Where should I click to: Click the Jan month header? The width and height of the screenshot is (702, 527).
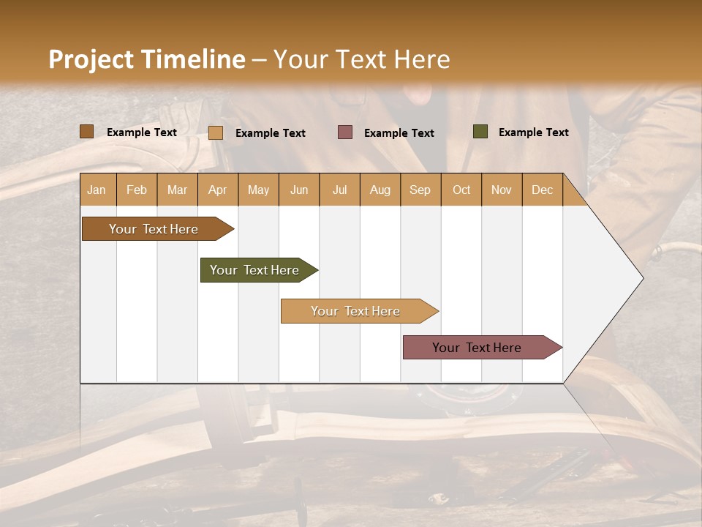point(97,190)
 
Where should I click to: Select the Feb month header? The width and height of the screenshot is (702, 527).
point(137,190)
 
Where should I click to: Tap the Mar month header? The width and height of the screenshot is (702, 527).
point(177,190)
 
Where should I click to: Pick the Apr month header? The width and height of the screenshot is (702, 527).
point(218,190)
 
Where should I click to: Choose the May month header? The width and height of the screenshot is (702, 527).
point(258,190)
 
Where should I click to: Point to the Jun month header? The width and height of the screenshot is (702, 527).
point(299,190)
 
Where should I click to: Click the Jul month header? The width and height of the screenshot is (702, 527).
point(339,190)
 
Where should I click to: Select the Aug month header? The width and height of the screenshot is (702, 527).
point(380,190)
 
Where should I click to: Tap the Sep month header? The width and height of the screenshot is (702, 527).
point(420,190)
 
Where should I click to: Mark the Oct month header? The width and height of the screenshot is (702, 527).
point(461,190)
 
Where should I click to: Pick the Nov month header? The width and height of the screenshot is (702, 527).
point(502,190)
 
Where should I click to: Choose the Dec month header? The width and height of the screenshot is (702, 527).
point(542,190)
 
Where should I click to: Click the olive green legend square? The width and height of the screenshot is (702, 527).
point(480,132)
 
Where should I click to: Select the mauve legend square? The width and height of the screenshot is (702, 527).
point(345,132)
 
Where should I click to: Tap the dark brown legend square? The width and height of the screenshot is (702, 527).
point(86,132)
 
